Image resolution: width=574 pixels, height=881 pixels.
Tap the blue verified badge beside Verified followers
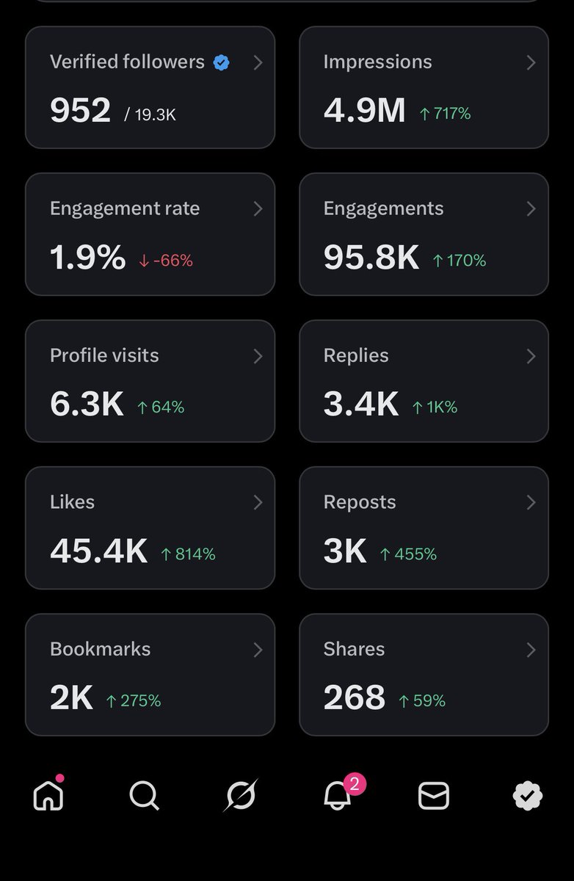(221, 63)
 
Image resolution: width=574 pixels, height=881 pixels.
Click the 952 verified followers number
(80, 111)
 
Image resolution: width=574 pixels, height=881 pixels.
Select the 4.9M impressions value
(364, 111)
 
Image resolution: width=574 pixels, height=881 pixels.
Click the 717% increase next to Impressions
(445, 114)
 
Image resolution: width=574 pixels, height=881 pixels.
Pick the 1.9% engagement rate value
(87, 258)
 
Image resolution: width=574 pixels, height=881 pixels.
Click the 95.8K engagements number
(371, 258)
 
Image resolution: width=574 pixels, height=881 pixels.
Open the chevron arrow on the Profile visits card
(258, 356)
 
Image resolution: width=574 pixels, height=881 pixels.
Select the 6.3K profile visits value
(87, 405)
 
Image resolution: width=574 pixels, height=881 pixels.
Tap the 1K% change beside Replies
(435, 407)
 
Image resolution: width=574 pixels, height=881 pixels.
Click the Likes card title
(72, 502)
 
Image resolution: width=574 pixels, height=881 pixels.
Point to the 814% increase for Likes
(188, 554)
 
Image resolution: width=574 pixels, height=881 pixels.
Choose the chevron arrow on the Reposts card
(531, 503)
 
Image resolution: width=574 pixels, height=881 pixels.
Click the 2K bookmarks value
(71, 698)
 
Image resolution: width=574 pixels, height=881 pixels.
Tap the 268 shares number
(354, 698)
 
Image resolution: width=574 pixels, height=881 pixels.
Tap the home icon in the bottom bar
(48, 795)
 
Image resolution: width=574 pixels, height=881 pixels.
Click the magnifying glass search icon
(144, 795)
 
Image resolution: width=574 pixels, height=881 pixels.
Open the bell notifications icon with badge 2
(338, 795)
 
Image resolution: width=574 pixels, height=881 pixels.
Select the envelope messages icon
(433, 796)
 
